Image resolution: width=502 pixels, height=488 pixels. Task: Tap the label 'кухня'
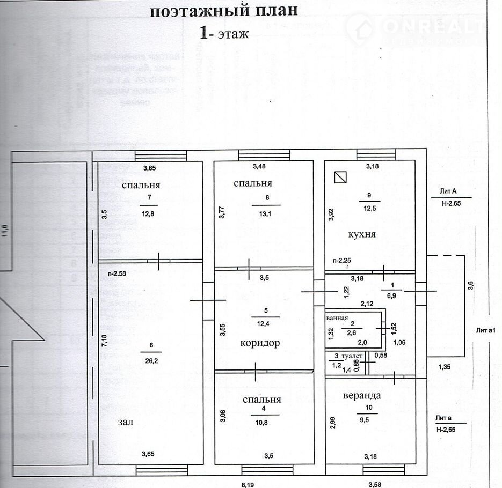click(x=361, y=234)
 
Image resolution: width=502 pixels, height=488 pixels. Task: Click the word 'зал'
click(x=125, y=422)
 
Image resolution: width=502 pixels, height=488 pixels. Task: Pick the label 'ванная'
click(x=338, y=317)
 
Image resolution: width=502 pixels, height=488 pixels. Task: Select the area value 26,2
click(x=149, y=360)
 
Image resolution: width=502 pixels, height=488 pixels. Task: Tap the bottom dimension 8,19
click(x=248, y=484)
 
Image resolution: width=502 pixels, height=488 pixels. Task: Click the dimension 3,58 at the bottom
click(x=375, y=484)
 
